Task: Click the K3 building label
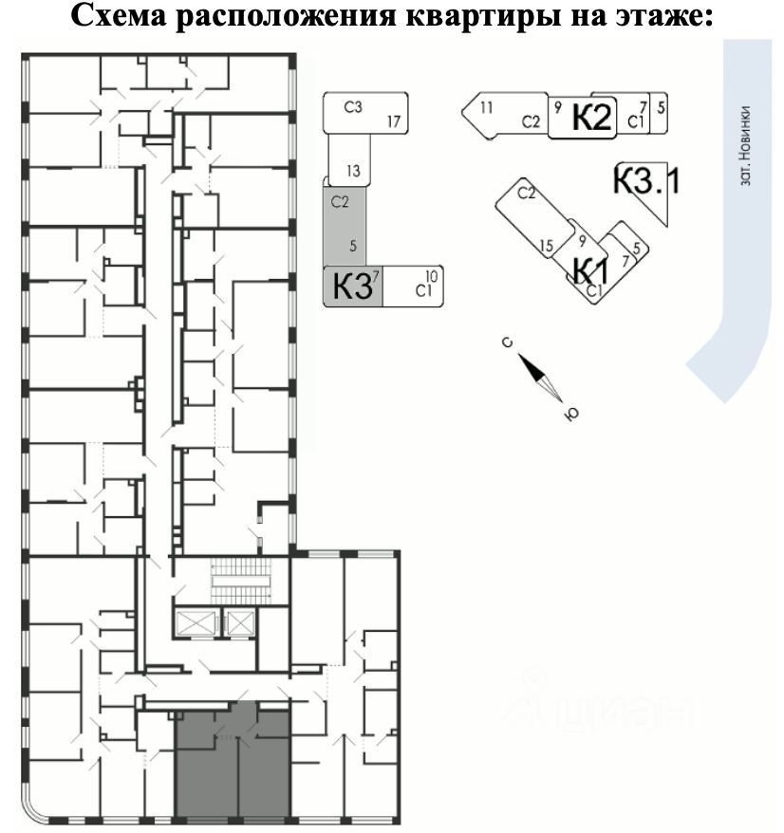click(x=350, y=287)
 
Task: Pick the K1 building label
click(x=589, y=270)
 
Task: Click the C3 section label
click(x=352, y=107)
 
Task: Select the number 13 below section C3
click(x=353, y=172)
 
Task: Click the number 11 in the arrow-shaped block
click(x=486, y=107)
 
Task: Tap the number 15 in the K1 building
click(x=546, y=247)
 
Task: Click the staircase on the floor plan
click(x=240, y=579)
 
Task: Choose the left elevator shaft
click(x=195, y=624)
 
